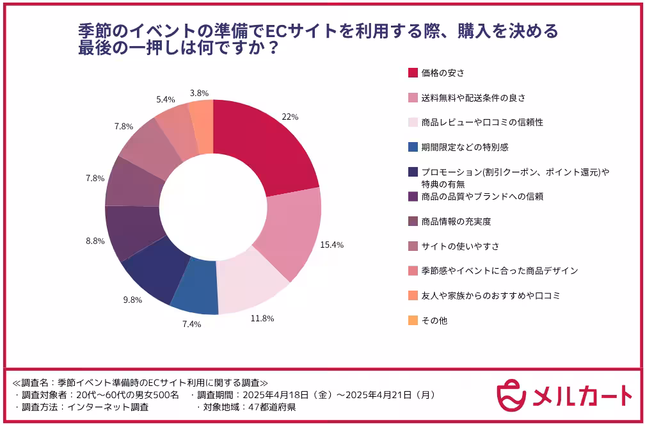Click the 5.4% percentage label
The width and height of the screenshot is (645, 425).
coord(166,100)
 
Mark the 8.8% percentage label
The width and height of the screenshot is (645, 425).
coord(95,241)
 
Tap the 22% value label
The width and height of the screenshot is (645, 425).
coord(290,117)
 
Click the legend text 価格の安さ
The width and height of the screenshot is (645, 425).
coord(442,72)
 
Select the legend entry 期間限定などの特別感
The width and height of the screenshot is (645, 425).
coord(465,147)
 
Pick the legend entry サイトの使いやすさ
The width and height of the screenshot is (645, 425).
coord(460,246)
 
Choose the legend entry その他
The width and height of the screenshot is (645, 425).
coord(434,320)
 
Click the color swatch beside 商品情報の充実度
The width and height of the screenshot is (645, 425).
coord(413,221)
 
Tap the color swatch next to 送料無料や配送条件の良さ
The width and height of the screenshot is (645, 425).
coord(413,97)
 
